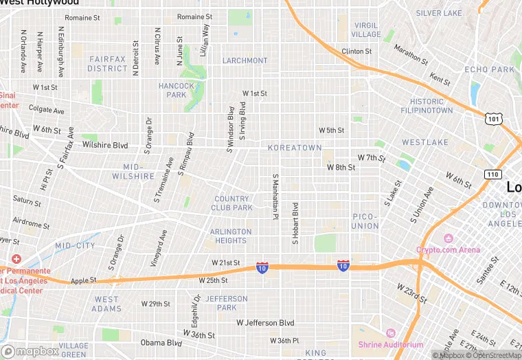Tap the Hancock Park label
click(172, 90)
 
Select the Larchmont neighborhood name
click(245, 60)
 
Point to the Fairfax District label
click(107, 64)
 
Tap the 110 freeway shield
click(492, 174)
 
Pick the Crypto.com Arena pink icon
click(448, 238)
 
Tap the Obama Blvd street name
click(161, 343)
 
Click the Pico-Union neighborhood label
click(365, 221)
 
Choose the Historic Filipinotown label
click(427, 106)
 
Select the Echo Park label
click(489, 70)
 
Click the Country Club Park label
click(233, 203)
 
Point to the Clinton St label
click(356, 52)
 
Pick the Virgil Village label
click(365, 30)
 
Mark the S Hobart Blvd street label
click(295, 223)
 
